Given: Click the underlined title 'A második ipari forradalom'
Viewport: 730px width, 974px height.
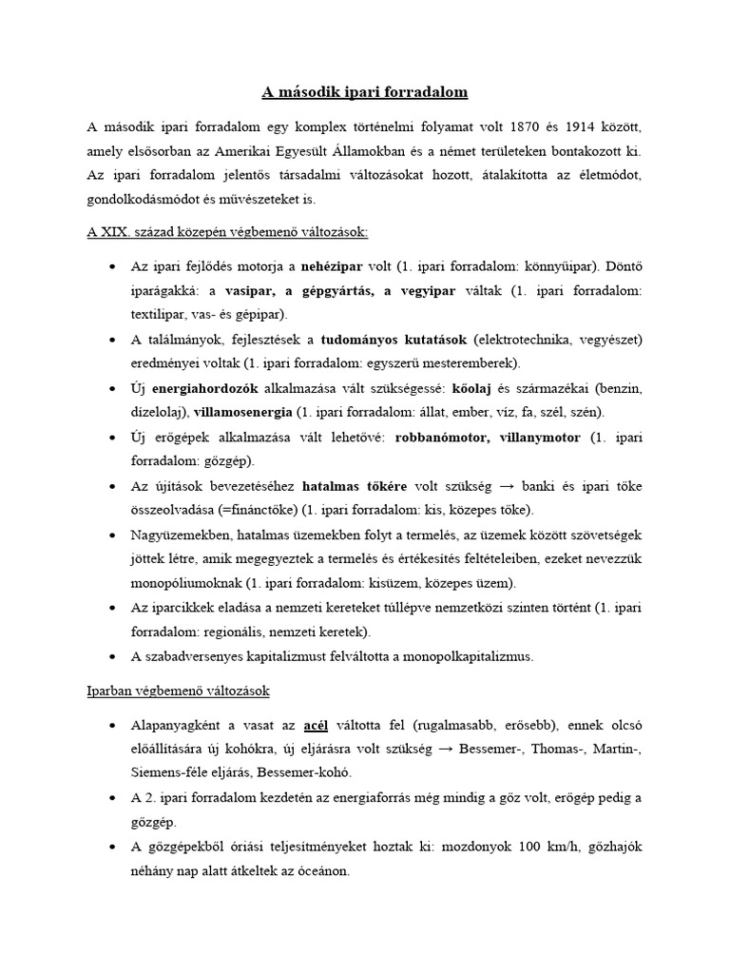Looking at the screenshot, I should (365, 93).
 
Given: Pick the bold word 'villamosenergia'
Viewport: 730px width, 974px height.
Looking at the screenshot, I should (244, 413).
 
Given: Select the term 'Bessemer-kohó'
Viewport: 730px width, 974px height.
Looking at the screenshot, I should (283, 773).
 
